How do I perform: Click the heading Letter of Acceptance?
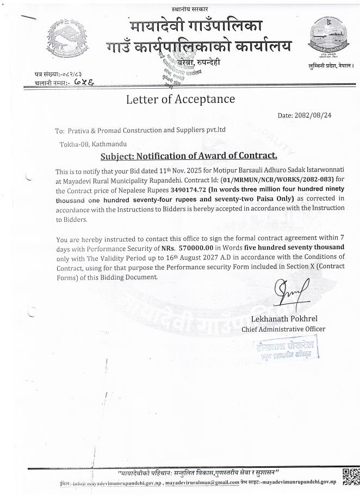point(180,99)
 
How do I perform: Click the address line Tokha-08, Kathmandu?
point(93,144)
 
